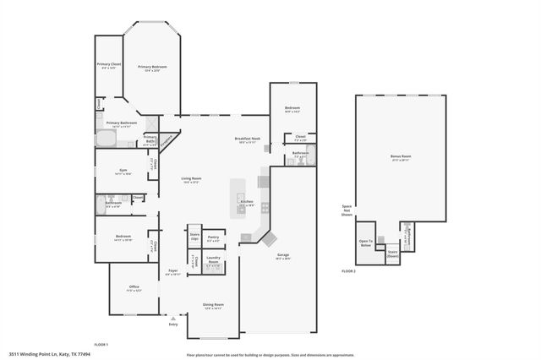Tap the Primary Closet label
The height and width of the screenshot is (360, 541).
[x=107, y=64]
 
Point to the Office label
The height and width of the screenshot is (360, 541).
[x=134, y=287]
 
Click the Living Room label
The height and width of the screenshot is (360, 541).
[x=191, y=178]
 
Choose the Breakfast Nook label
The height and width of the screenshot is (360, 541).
[x=247, y=139]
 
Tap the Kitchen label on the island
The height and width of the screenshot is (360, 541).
[x=247, y=202]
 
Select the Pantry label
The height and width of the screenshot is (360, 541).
[x=213, y=237]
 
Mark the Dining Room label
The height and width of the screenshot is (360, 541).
[x=212, y=305]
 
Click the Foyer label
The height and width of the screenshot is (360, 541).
[x=172, y=272]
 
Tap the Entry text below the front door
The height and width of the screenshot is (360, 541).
[x=173, y=324]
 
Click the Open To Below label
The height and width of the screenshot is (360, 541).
[x=366, y=242]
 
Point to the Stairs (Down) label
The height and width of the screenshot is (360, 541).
[x=392, y=253]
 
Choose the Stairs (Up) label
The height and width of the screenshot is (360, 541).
[x=194, y=236]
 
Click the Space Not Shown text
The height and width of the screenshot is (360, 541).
[x=347, y=210]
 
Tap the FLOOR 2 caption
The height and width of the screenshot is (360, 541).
[x=348, y=271]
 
